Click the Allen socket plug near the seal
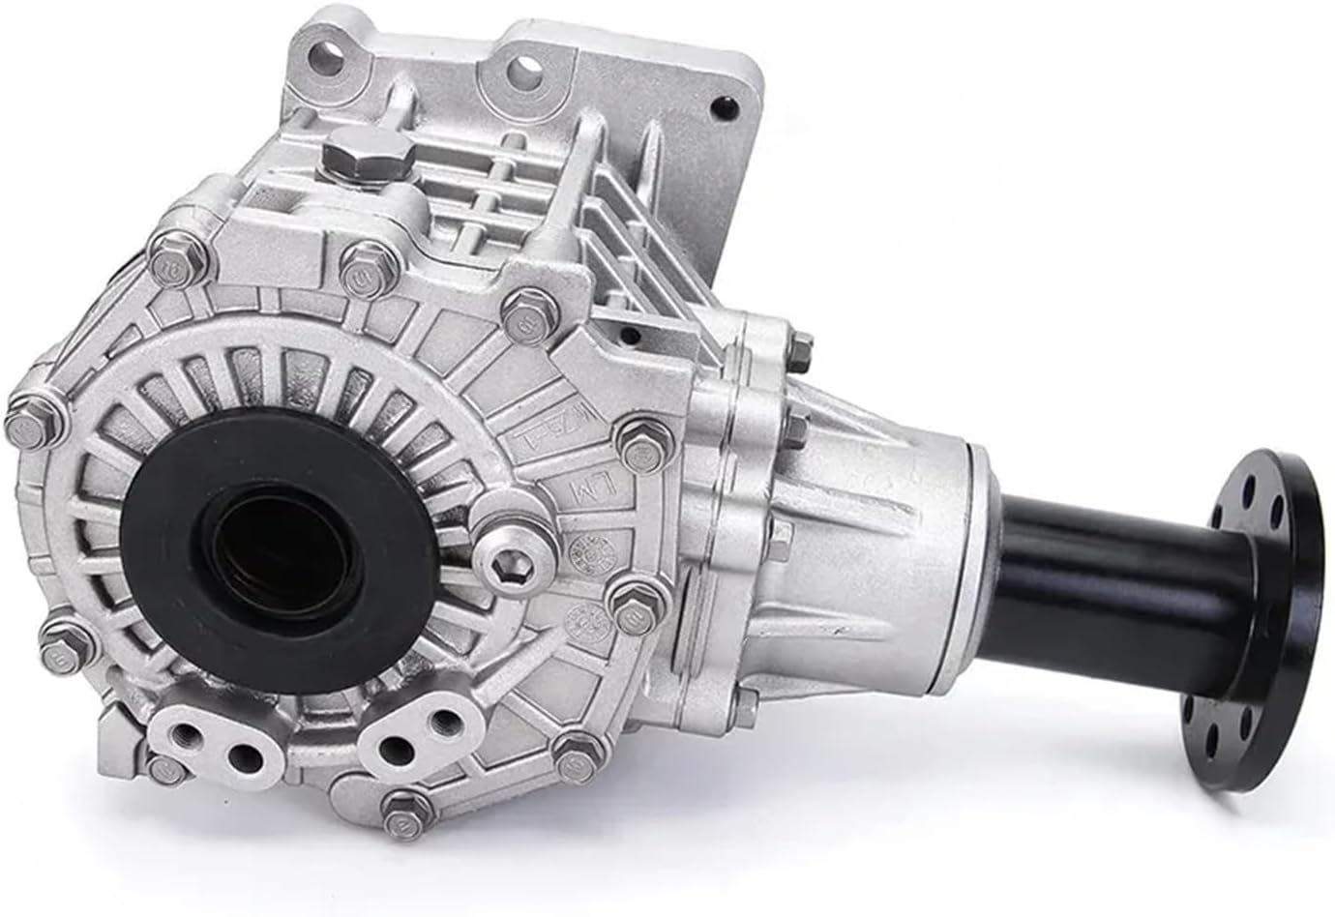click(x=508, y=552)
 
